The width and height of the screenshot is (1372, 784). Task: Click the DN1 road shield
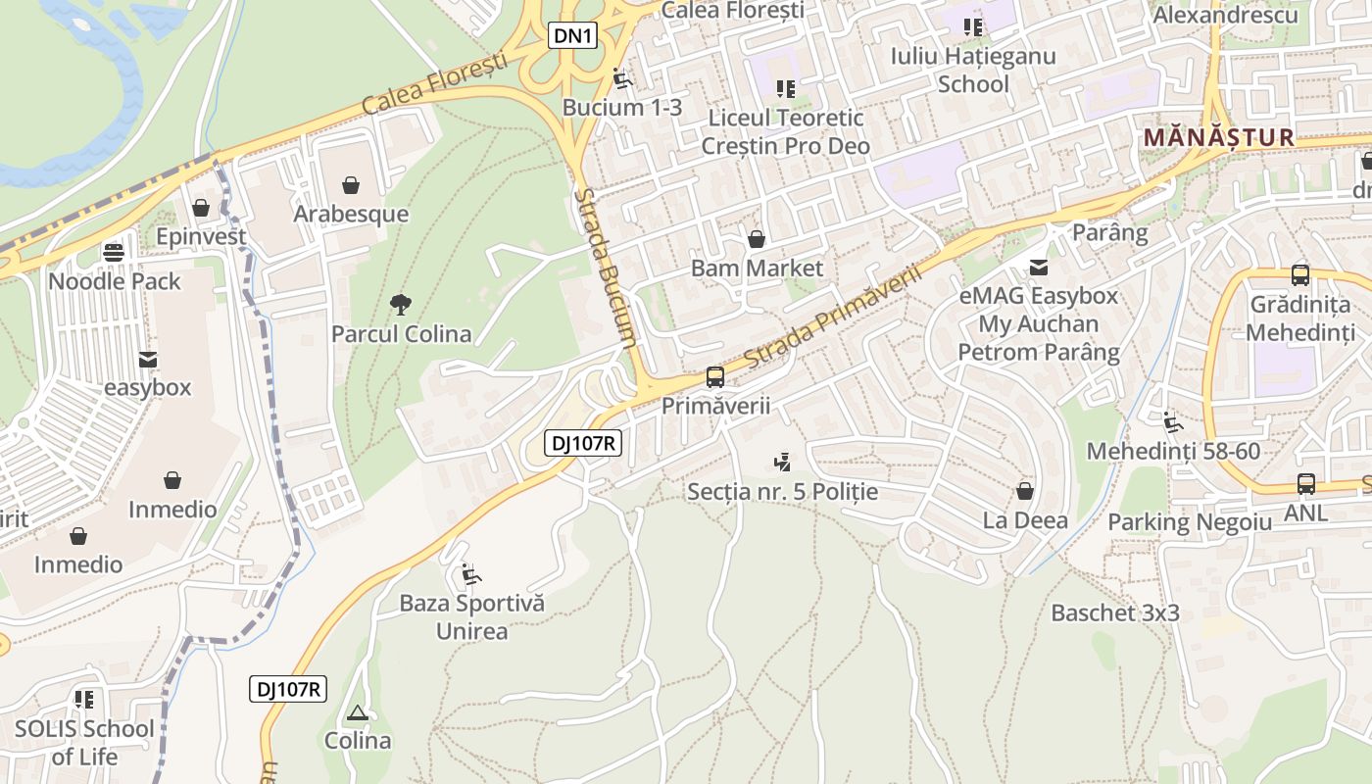click(x=572, y=36)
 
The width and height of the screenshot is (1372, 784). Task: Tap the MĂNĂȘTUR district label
click(x=1219, y=137)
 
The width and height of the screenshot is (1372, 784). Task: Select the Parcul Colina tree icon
click(x=400, y=305)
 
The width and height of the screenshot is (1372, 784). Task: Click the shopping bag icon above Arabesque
click(x=351, y=184)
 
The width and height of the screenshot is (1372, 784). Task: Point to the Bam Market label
click(x=757, y=268)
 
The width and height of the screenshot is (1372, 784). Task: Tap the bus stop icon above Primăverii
click(x=715, y=377)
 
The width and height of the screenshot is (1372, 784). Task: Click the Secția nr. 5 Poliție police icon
click(x=782, y=462)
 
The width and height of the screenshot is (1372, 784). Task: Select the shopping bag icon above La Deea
click(x=1025, y=490)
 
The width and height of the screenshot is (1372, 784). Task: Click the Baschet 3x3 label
click(x=1114, y=613)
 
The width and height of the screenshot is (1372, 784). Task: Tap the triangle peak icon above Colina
click(x=358, y=712)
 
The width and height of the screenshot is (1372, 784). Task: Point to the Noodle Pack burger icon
click(x=115, y=252)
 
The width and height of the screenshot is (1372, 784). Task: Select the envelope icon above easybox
click(x=148, y=360)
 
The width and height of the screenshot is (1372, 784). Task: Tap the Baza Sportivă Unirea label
click(x=471, y=616)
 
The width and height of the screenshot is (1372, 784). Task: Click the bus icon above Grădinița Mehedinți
click(x=1300, y=275)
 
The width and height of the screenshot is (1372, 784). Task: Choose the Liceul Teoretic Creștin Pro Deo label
click(x=785, y=132)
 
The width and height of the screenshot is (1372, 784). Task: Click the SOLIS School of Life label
click(x=84, y=742)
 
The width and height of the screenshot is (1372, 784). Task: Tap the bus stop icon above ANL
click(x=1305, y=483)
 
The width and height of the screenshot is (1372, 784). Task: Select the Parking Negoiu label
click(x=1190, y=521)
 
